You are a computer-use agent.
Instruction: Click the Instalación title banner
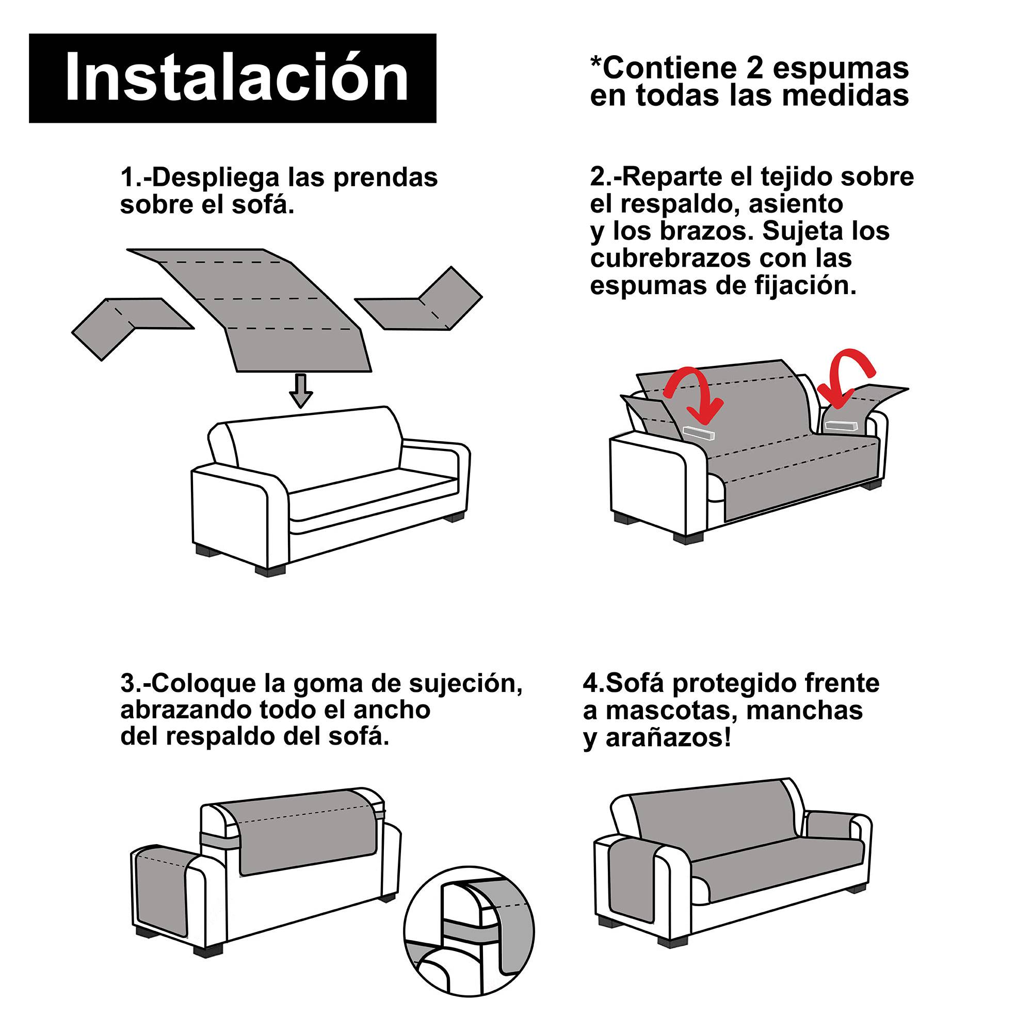click(x=232, y=78)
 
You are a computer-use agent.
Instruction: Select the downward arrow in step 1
click(x=301, y=391)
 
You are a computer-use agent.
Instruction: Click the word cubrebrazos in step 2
click(x=668, y=259)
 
